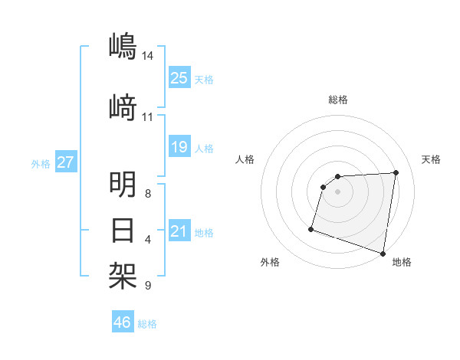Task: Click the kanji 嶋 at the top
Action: click(x=123, y=46)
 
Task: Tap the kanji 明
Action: click(x=123, y=185)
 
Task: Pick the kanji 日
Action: click(x=123, y=230)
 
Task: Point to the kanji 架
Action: click(x=123, y=273)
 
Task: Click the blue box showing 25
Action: click(x=179, y=78)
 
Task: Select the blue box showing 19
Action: click(x=179, y=146)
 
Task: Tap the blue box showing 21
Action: click(x=179, y=231)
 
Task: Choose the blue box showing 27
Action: click(x=66, y=162)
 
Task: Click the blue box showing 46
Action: click(x=123, y=322)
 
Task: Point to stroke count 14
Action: click(x=148, y=56)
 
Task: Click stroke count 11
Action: click(x=147, y=117)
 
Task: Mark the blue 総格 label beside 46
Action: click(x=148, y=324)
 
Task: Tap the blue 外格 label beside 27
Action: click(x=41, y=163)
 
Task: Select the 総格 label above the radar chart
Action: click(x=337, y=100)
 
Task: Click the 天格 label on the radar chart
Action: click(x=431, y=159)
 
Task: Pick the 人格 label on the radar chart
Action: click(x=245, y=159)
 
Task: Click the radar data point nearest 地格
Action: click(x=383, y=253)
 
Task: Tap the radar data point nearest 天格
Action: click(x=396, y=172)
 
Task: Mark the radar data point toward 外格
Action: click(x=311, y=228)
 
